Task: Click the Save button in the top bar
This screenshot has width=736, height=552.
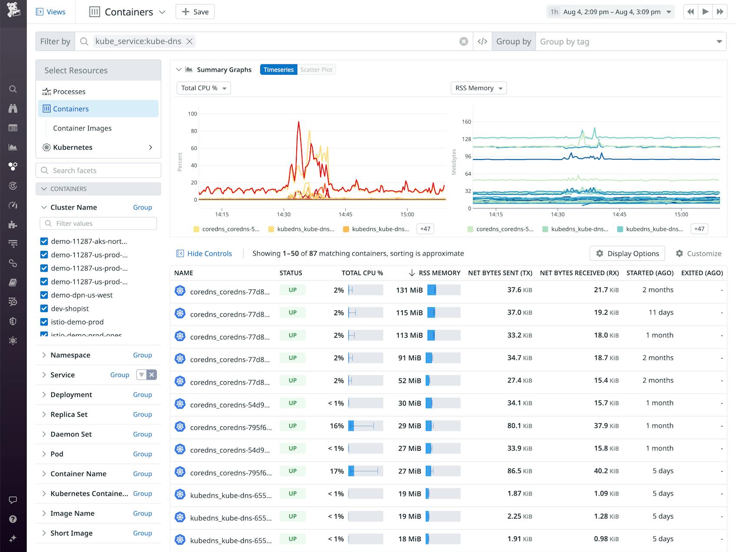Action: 195,12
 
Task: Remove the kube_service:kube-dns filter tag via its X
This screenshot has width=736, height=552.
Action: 189,41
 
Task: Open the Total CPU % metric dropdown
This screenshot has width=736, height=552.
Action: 203,88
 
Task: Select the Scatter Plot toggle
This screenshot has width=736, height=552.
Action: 316,70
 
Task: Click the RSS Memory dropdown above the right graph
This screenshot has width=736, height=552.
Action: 478,88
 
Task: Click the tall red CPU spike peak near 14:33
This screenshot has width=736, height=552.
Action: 298,123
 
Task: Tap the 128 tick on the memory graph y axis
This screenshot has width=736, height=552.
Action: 466,139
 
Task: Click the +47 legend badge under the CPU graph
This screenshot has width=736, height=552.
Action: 425,229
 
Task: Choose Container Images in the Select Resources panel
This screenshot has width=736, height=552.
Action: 82,128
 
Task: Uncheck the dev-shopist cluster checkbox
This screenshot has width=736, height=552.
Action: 44,309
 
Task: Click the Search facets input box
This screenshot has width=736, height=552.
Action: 98,170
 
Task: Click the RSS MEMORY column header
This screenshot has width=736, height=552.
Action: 439,273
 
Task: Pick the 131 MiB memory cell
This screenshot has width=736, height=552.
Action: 409,290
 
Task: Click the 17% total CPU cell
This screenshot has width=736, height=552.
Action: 337,471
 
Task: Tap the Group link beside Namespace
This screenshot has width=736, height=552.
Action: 142,355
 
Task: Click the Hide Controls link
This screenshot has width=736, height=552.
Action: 209,253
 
